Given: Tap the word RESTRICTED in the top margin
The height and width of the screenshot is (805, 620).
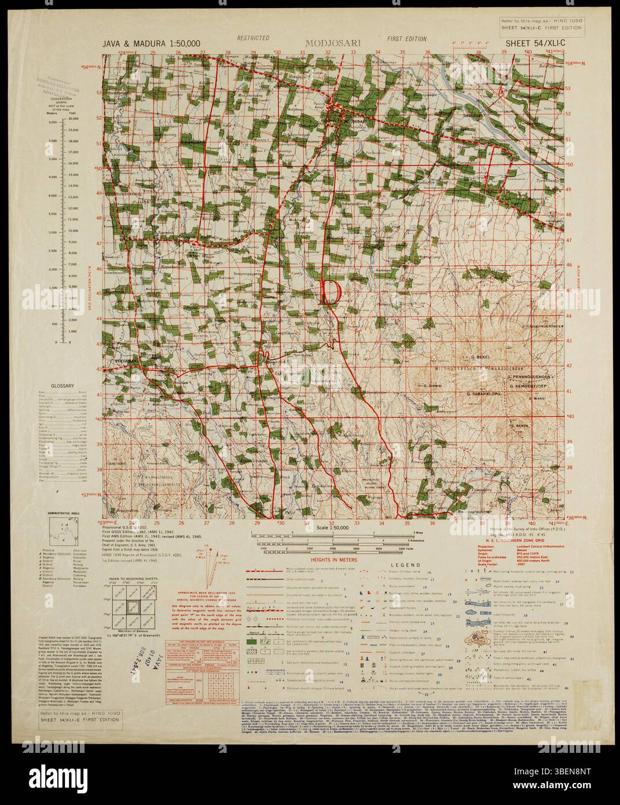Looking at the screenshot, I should [253, 39].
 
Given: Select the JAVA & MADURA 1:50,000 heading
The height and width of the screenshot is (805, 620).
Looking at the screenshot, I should [152, 43].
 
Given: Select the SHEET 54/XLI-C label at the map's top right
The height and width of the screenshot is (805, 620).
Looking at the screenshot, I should [530, 43].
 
